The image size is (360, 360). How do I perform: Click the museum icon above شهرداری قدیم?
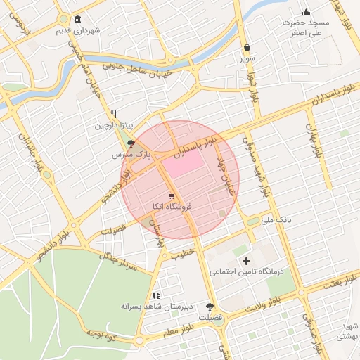(x=76, y=19)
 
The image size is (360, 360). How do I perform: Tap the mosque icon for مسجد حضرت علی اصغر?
(x=306, y=12)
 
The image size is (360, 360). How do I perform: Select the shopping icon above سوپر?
(x=247, y=48)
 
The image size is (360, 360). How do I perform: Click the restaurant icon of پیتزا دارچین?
(x=113, y=114)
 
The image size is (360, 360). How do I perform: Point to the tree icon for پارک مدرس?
(x=131, y=143)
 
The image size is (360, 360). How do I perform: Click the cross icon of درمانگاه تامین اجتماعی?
(x=245, y=261)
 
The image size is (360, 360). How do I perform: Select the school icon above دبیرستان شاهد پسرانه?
(x=156, y=295)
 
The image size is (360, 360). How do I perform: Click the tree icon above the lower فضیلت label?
(x=210, y=307)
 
